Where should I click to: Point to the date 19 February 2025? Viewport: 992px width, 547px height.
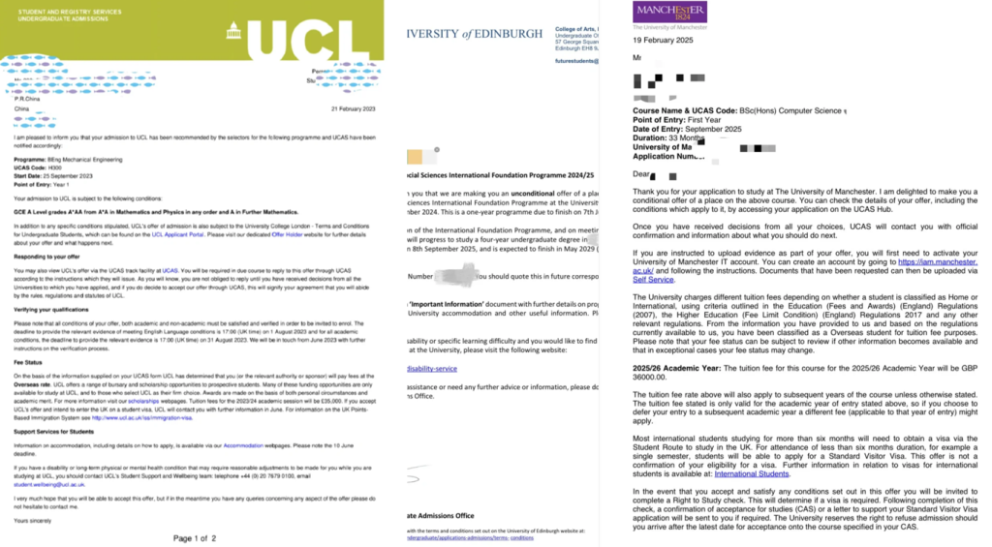click(668, 41)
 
